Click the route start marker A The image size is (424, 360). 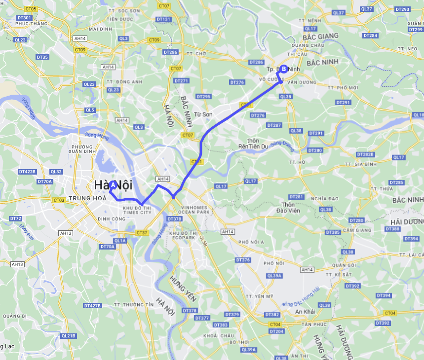click(113, 184)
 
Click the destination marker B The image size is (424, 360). click(284, 69)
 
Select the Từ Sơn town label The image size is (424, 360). click(203, 114)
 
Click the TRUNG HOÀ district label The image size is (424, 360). click(74, 200)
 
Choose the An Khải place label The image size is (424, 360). click(305, 312)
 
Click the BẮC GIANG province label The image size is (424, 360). click(322, 36)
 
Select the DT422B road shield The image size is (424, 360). click(27, 172)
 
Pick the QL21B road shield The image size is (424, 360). click(69, 336)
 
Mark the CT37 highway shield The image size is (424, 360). click(142, 232)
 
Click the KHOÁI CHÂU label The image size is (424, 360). click(218, 336)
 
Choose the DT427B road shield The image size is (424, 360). click(92, 306)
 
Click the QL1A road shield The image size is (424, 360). click(120, 241)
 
